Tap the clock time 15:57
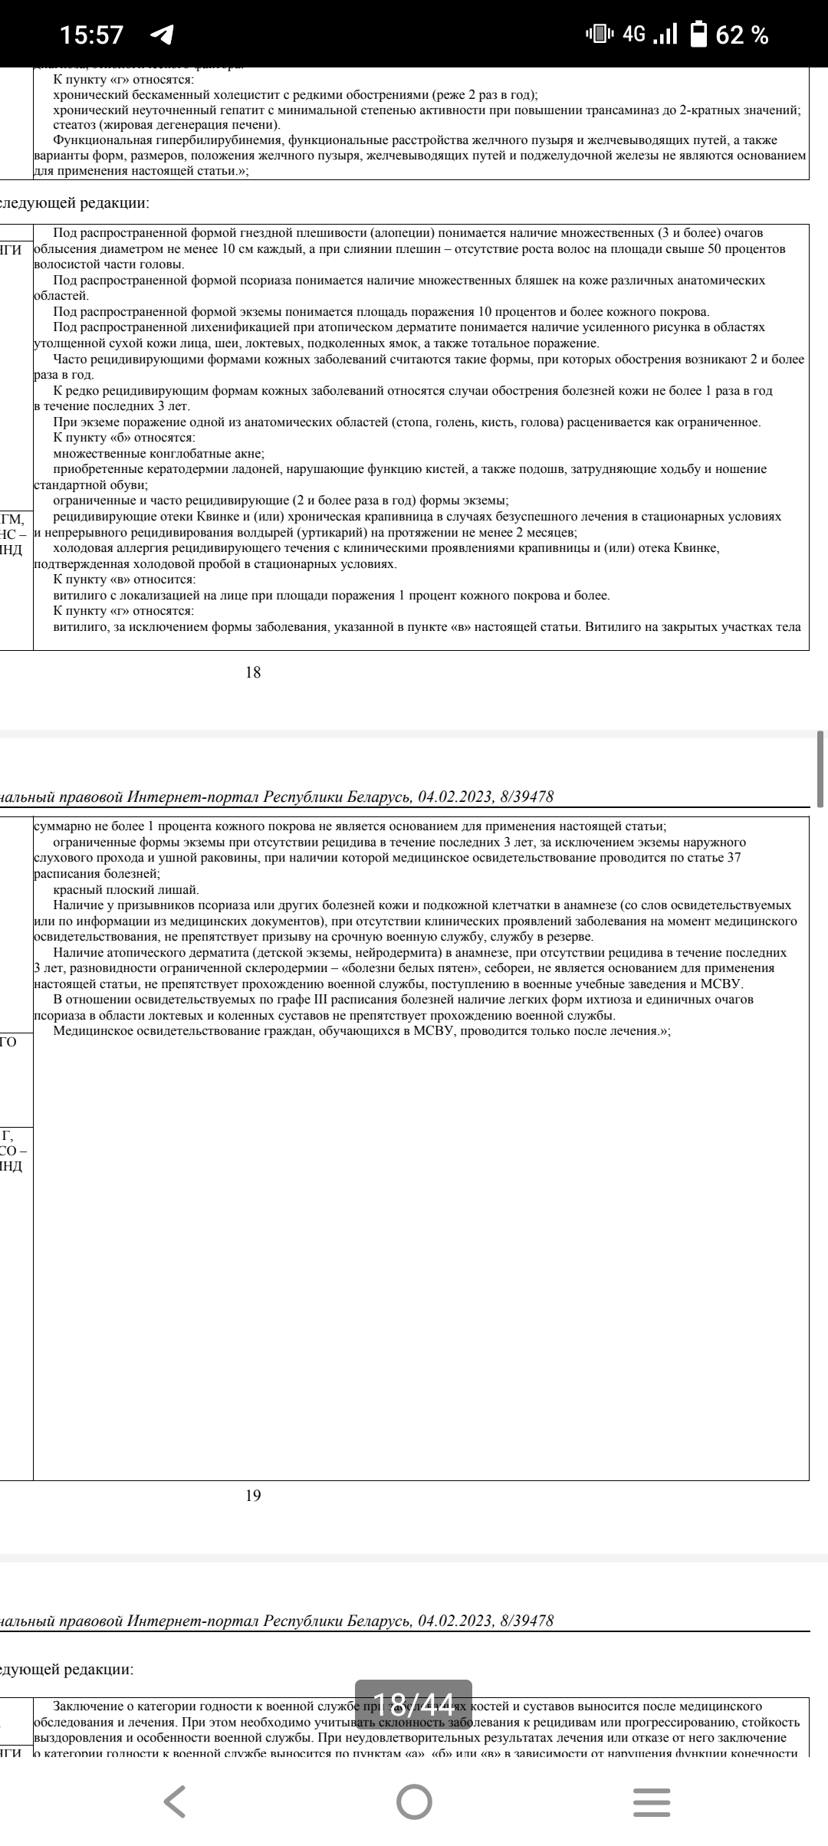tap(91, 35)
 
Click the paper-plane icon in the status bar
tap(162, 35)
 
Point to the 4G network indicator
tap(634, 34)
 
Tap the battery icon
tap(698, 34)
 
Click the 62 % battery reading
tap(742, 35)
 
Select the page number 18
tap(253, 672)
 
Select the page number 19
tap(253, 1495)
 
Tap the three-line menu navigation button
tap(652, 1802)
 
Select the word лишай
tap(181, 890)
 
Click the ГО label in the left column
tap(8, 1041)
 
